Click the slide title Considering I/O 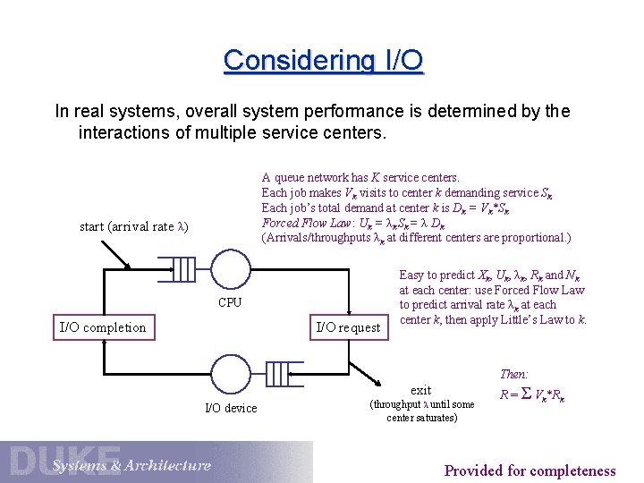[323, 61]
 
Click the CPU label [230, 302]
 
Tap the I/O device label [231, 408]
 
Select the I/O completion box [102, 326]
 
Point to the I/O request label [348, 327]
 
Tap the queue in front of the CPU [182, 268]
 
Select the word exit [420, 389]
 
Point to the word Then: [514, 374]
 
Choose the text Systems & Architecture [131, 465]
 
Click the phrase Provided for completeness [530, 470]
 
